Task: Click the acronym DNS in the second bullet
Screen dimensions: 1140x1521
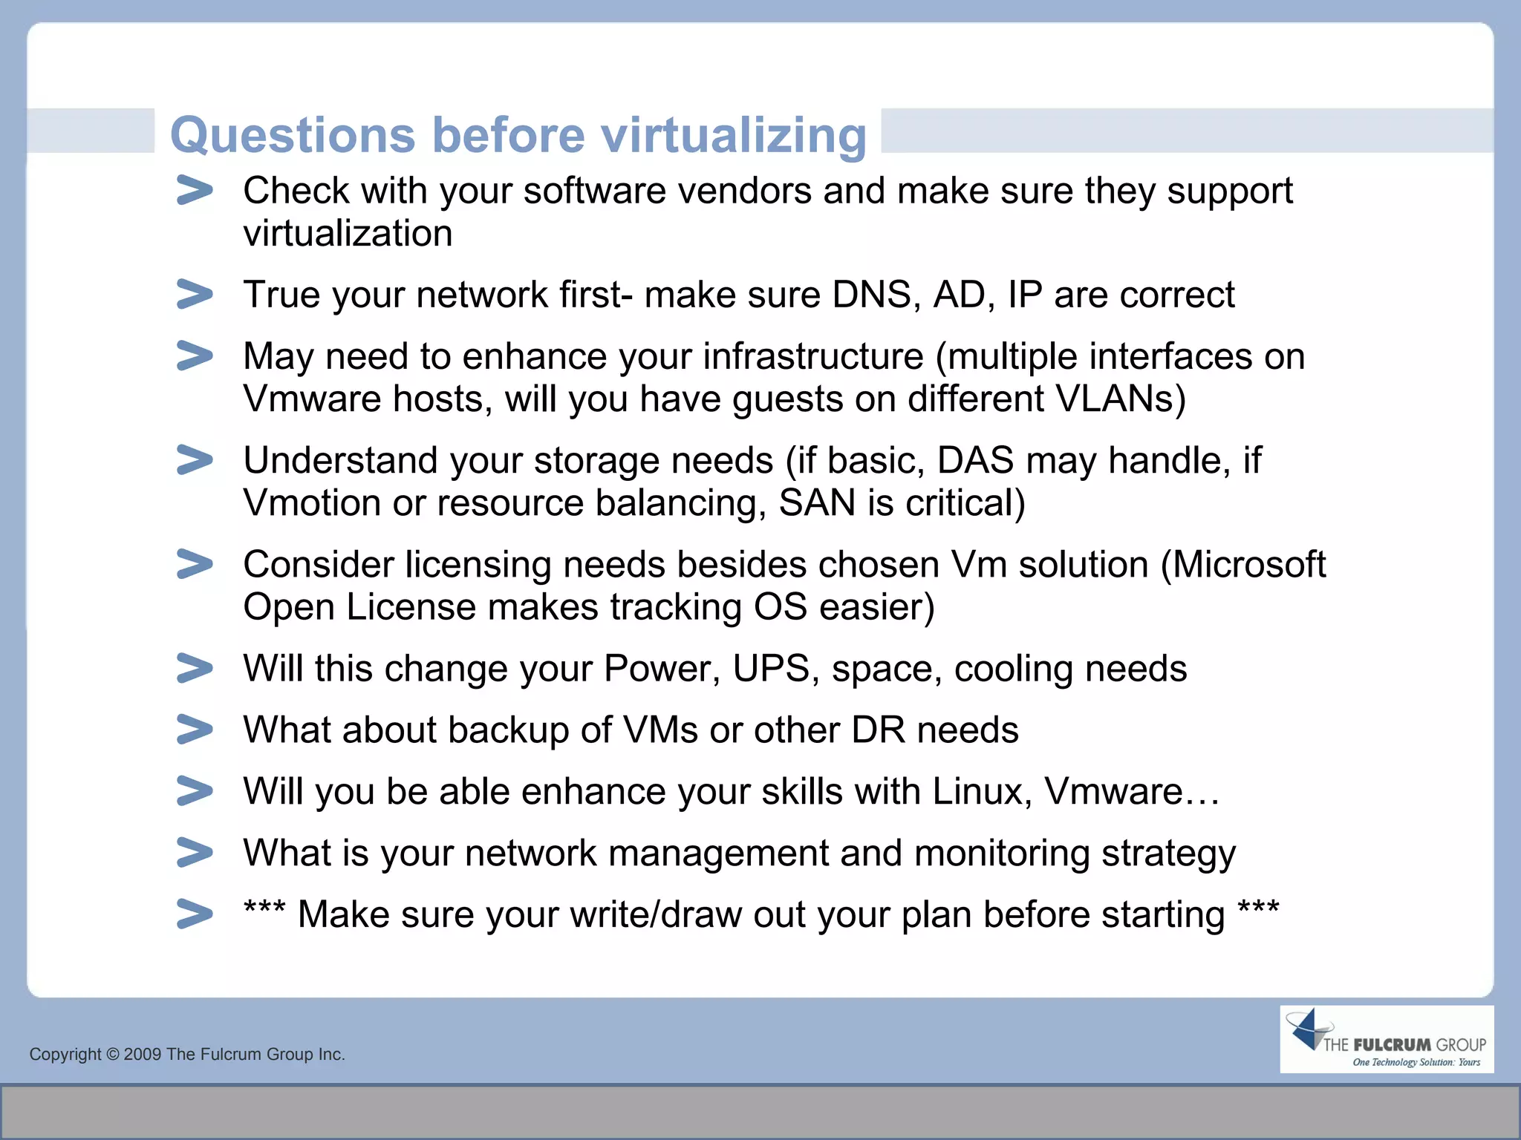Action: (871, 295)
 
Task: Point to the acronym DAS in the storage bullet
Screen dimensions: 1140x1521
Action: (975, 461)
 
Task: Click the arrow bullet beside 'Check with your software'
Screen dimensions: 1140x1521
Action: (195, 191)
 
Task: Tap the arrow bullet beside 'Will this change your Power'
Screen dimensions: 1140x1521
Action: (195, 668)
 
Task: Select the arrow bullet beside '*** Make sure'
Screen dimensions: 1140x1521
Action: (195, 914)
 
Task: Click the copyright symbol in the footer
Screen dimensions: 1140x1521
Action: (112, 1055)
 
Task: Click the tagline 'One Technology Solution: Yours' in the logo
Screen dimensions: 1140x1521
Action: (1416, 1062)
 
